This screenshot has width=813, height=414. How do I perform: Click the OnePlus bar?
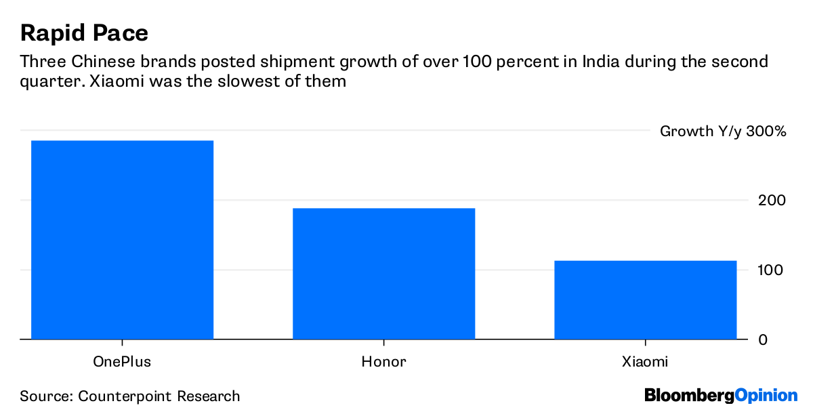point(122,240)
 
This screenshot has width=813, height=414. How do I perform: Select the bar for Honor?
point(383,274)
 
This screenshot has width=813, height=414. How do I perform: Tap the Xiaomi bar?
point(645,299)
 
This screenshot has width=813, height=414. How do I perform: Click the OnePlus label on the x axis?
point(122,362)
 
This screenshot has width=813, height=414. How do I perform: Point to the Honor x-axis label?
point(383,362)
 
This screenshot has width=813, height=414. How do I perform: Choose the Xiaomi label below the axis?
point(645,362)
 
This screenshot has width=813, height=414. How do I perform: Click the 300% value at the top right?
point(766,131)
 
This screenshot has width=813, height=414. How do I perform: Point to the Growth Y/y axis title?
point(700,131)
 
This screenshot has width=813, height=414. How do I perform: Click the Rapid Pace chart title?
point(84,33)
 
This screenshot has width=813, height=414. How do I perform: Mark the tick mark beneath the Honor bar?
point(383,343)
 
